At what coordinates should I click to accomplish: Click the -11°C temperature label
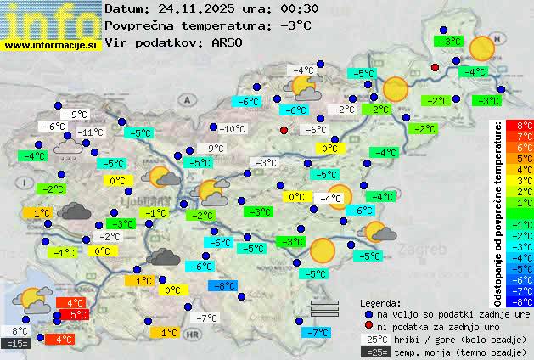[91, 132]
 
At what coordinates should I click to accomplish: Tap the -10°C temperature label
[232, 129]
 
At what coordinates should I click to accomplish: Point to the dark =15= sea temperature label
[17, 344]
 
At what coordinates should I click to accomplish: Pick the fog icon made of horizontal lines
[323, 307]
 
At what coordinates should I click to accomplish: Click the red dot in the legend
[368, 326]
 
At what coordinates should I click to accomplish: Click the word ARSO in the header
[227, 42]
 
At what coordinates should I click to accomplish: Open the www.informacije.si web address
[52, 44]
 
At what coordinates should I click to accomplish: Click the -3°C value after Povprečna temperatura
[295, 25]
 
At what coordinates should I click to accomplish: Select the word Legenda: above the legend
[381, 302]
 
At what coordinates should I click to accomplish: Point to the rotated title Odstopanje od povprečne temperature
[498, 212]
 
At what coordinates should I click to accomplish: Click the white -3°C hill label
[266, 163]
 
